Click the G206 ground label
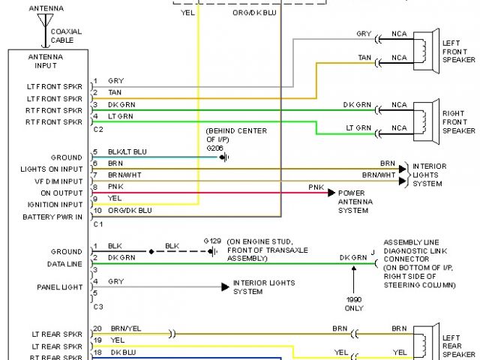coord(215,148)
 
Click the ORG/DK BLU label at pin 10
coord(130,211)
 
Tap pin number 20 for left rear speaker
coord(97,328)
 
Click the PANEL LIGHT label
coord(60,286)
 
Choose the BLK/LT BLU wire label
coord(127,151)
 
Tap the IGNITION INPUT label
coord(56,204)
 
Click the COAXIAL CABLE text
coord(67,35)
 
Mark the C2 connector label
coord(97,130)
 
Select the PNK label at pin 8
coord(115,187)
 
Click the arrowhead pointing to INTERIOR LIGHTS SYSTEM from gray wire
coord(224,286)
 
